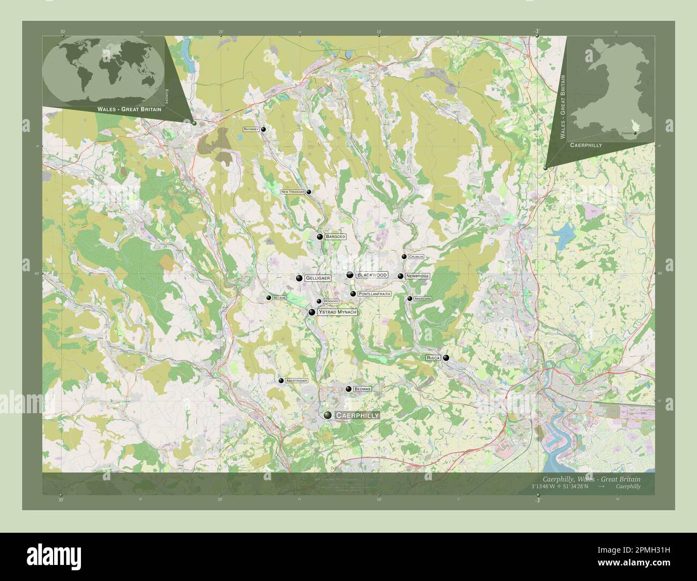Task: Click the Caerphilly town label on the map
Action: [x=357, y=415]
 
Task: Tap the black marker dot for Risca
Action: [x=446, y=357]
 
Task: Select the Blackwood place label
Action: [x=372, y=275]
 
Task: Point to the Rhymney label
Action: [x=251, y=129]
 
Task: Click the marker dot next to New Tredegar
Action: [x=309, y=192]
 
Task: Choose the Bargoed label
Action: [x=336, y=236]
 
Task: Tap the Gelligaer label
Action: [x=317, y=278]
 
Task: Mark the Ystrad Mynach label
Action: [x=337, y=312]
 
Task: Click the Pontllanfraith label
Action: [x=374, y=294]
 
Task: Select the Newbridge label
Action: [x=417, y=276]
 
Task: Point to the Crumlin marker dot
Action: [x=404, y=257]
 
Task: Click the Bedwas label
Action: [x=362, y=389]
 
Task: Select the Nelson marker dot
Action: [x=269, y=297]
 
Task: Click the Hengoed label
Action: [x=331, y=302]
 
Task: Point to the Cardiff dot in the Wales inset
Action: [x=635, y=132]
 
